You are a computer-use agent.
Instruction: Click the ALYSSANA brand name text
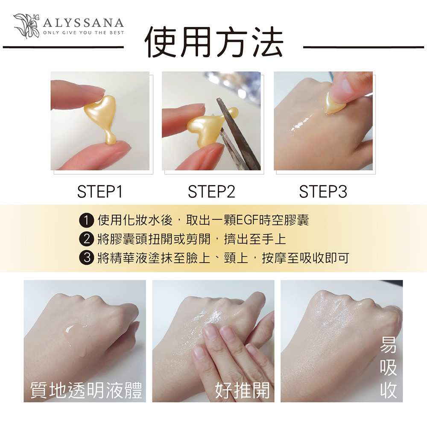coord(83,23)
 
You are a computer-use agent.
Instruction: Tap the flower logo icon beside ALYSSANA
coord(26,26)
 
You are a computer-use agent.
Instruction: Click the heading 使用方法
coord(214,42)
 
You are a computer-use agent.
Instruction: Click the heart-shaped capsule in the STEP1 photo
coord(102,117)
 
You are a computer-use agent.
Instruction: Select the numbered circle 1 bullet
coord(86,220)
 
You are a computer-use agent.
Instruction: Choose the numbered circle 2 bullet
coord(86,239)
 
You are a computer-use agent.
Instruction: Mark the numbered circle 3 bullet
coord(86,257)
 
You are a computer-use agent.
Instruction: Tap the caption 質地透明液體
coord(86,390)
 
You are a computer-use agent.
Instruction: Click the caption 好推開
coord(243,390)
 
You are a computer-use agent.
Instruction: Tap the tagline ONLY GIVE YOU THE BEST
coord(84,33)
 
